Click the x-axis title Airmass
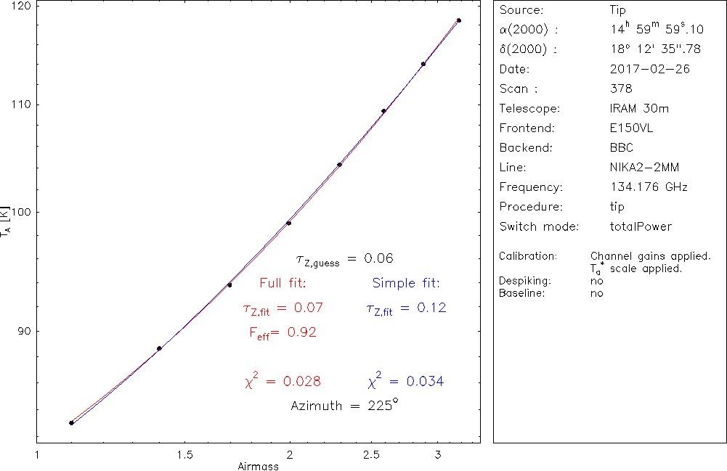[258, 466]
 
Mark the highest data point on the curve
[458, 20]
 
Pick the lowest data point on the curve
[71, 422]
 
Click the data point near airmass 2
[288, 223]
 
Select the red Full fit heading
[283, 282]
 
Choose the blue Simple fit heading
[406, 282]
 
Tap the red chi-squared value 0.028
[283, 381]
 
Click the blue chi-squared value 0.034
[406, 381]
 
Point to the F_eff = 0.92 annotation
[283, 332]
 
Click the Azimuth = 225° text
[344, 406]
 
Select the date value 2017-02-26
[650, 70]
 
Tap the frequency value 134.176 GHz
[649, 187]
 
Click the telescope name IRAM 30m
[639, 109]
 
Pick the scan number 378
[622, 89]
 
